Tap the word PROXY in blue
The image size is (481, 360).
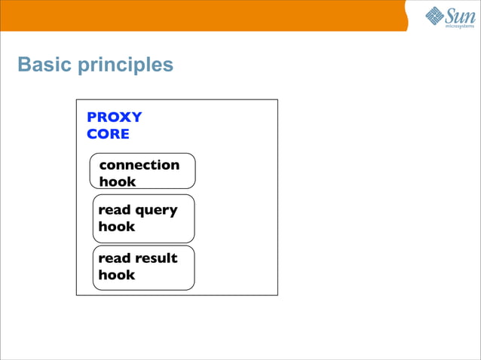click(x=115, y=117)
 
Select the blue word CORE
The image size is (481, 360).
click(x=108, y=134)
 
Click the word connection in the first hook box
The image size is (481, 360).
click(x=139, y=165)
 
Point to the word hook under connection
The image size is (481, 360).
click(x=118, y=182)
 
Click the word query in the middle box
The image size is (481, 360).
click(x=157, y=211)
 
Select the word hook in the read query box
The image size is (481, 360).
click(x=117, y=227)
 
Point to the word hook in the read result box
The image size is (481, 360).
click(x=117, y=275)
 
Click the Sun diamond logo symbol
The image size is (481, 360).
click(x=435, y=15)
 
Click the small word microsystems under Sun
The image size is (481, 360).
click(x=461, y=26)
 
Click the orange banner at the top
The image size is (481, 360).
click(x=204, y=15)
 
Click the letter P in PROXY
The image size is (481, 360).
click(x=92, y=117)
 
